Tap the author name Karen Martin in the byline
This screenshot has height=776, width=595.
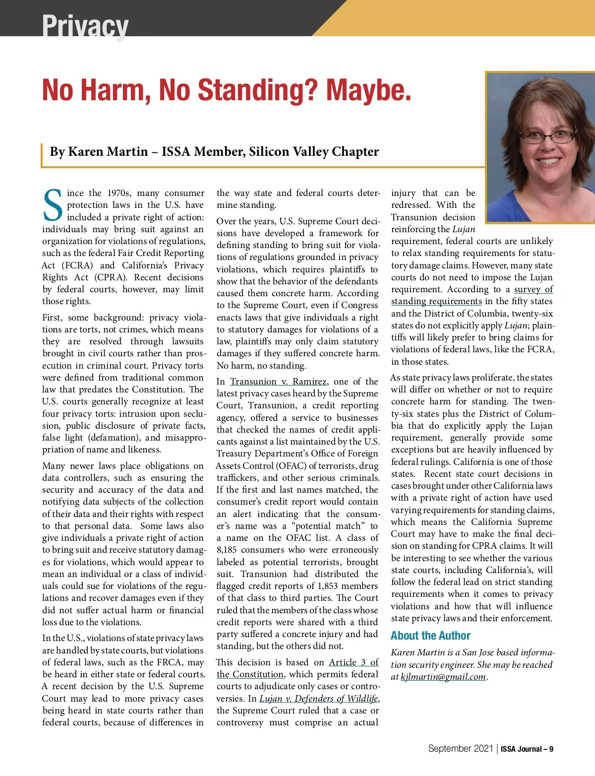pos(108,151)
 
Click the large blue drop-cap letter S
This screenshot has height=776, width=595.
pos(53,205)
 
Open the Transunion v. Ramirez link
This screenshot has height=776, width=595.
pos(278,382)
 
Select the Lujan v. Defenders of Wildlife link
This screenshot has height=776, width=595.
pos(319,699)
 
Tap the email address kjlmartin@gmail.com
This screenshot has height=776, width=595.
pos(443,677)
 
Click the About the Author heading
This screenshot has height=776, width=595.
pos(430,636)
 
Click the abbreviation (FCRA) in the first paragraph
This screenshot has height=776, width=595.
pos(77,265)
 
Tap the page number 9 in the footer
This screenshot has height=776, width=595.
pos(551,749)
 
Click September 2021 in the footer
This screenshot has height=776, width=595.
pos(460,749)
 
